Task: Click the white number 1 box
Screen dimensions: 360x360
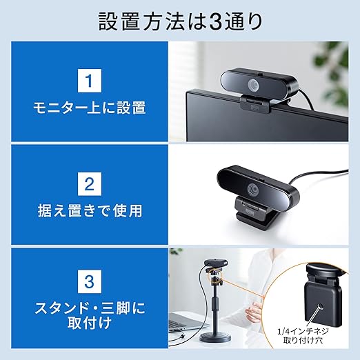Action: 90,81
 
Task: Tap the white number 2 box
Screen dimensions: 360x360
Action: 90,184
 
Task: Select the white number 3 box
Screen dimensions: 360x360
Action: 90,281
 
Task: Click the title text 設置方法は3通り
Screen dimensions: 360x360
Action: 181,22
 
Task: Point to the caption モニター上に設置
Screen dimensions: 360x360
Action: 90,108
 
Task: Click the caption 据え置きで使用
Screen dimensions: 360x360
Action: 90,210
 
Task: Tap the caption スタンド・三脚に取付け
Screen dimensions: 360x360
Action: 90,315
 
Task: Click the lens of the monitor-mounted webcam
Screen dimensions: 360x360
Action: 253,85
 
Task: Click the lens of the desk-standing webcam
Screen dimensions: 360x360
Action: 253,189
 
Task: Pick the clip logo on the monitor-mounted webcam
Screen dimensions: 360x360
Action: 254,108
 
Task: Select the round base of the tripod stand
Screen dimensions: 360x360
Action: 215,338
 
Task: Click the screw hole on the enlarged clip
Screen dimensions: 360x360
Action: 320,307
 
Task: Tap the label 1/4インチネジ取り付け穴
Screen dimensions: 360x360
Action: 303,336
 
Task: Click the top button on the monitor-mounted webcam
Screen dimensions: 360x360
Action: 261,74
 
